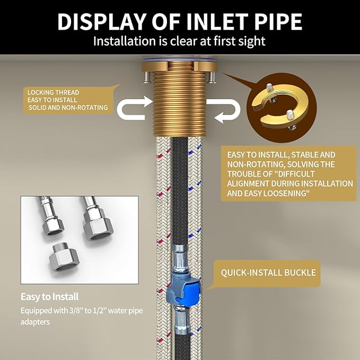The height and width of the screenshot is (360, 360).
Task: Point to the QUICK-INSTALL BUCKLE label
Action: pyautogui.click(x=268, y=273)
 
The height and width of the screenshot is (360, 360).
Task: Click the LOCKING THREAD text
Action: pyautogui.click(x=53, y=93)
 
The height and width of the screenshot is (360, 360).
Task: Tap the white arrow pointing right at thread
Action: pyautogui.click(x=134, y=108)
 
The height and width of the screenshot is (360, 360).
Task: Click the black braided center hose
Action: pyautogui.click(x=180, y=190)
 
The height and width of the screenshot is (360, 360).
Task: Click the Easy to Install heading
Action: pyautogui.click(x=50, y=296)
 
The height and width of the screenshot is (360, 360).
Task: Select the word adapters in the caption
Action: pyautogui.click(x=35, y=322)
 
